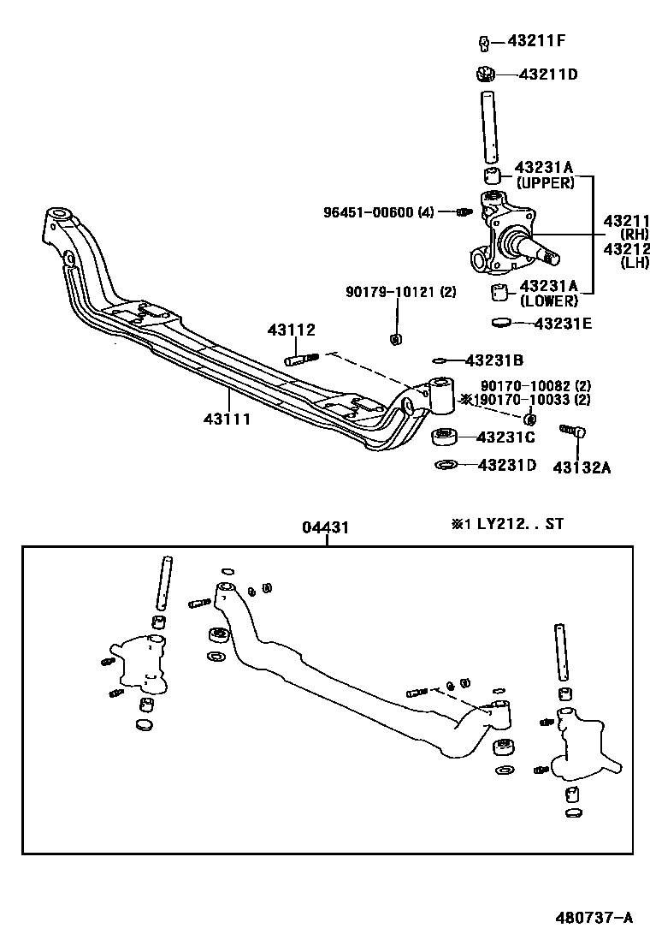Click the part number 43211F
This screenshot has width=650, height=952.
(537, 40)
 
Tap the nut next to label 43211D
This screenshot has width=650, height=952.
(486, 74)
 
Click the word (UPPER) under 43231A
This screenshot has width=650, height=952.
(544, 183)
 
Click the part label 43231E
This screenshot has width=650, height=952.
(563, 324)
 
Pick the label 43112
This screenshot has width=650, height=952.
(291, 330)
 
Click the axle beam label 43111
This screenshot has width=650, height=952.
(228, 419)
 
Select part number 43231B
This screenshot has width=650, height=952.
(494, 360)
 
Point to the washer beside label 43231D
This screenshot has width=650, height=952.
(445, 465)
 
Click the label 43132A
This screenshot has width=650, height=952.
(582, 467)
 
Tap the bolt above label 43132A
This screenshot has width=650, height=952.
(570, 431)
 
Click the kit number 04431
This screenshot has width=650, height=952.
(325, 527)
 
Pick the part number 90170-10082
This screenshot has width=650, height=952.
(525, 386)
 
